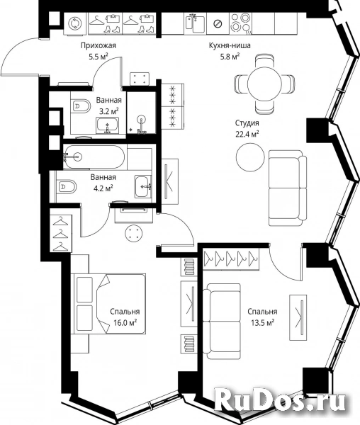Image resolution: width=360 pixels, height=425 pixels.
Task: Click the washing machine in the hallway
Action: tap(74, 23)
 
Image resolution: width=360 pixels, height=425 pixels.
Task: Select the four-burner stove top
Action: tap(240, 23)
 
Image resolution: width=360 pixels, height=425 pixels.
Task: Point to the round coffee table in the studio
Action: tap(250, 157)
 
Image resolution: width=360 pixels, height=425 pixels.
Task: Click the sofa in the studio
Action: tap(288, 188)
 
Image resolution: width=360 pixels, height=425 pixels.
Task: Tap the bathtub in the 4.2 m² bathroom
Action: tap(95, 157)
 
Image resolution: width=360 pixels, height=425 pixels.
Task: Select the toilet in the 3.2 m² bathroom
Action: tap(81, 106)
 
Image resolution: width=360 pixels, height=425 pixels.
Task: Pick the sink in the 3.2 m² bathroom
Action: tap(108, 126)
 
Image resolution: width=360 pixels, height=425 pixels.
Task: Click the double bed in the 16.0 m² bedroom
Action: tap(108, 304)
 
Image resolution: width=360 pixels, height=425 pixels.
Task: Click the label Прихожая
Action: tap(99, 45)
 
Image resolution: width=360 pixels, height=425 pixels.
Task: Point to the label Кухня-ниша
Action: tap(230, 45)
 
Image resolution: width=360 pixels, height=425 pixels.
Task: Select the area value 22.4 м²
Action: tap(247, 134)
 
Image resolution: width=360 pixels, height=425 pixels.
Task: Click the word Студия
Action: tap(247, 123)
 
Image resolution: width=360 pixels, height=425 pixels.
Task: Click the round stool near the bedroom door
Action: tap(133, 233)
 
